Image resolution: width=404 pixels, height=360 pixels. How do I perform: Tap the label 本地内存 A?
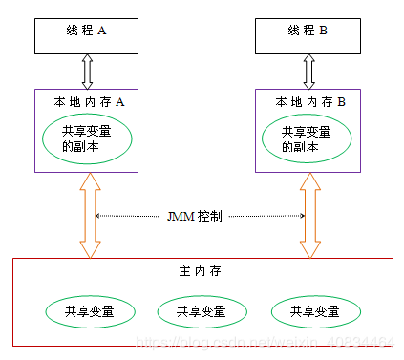point(89,101)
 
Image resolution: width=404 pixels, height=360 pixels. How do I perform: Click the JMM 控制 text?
point(196,217)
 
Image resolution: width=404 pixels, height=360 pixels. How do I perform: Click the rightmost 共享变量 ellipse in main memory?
point(316,311)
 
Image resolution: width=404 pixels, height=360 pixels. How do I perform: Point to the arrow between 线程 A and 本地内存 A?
point(89,71)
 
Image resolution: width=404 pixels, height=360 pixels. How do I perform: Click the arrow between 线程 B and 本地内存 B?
point(308,71)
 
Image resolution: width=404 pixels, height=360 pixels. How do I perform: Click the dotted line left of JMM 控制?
point(130,217)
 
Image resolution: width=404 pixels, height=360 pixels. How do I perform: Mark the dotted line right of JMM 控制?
point(264,217)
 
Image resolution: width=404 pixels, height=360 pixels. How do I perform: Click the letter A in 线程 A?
point(102,31)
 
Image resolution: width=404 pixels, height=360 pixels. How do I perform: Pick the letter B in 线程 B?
point(323,31)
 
